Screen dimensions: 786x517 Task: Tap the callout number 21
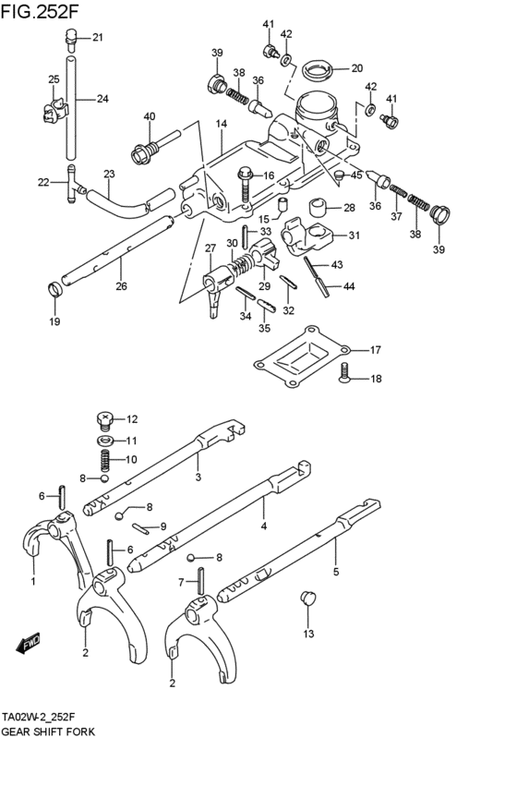point(98,38)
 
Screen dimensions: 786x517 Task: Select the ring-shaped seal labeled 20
point(318,67)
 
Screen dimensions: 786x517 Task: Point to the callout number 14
point(222,124)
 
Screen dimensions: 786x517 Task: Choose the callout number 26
point(121,286)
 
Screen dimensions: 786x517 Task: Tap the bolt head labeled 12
point(104,420)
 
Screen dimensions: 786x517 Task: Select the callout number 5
point(336,573)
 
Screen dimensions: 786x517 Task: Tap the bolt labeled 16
point(246,177)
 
